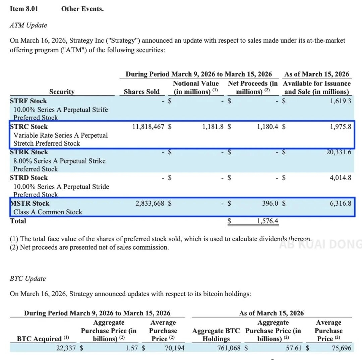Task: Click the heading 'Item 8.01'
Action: [x=24, y=9]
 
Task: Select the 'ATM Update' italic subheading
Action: [x=28, y=25]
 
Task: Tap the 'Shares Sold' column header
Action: [x=141, y=92]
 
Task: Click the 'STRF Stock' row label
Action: [x=28, y=101]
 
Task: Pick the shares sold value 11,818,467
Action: [x=148, y=127]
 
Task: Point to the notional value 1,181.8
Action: [x=213, y=127]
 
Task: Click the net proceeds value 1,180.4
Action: [x=267, y=127]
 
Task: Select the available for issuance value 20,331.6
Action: [x=339, y=152]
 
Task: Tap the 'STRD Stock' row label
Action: [x=28, y=178]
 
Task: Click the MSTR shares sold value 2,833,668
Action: [x=150, y=203]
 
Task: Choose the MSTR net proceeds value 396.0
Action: [x=271, y=203]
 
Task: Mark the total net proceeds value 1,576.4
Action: [x=267, y=221]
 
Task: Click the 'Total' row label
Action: [x=18, y=221]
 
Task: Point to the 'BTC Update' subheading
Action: [x=28, y=278]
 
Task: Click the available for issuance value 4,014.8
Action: [x=340, y=178]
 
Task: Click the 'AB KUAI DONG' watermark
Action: [x=320, y=244]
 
